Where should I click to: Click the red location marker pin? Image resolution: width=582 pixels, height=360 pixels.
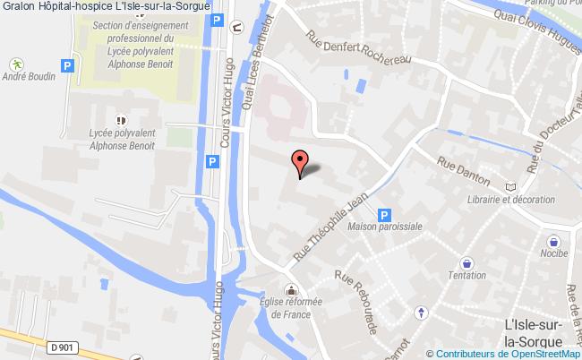[301, 163]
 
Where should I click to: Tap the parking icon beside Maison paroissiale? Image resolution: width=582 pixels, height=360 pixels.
[384, 215]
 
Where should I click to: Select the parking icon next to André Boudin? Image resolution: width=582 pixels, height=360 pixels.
[65, 64]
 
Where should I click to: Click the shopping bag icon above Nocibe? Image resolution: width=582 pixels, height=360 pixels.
[555, 241]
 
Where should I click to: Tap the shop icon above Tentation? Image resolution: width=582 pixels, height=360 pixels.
[466, 262]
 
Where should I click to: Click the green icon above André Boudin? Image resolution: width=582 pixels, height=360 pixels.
[16, 64]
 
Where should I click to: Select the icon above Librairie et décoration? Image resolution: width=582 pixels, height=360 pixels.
[510, 186]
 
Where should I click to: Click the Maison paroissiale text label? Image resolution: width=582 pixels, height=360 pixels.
[385, 227]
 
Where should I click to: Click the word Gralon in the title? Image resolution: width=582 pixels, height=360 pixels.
[16, 6]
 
